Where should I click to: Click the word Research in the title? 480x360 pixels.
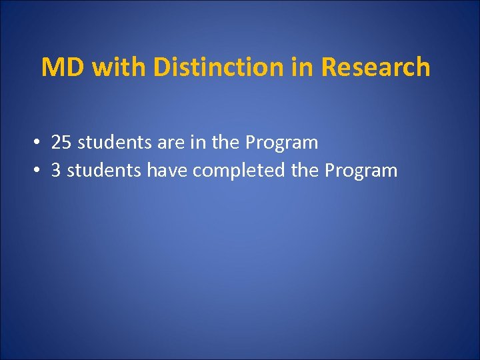(376, 68)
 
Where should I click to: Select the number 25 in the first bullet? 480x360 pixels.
(61, 143)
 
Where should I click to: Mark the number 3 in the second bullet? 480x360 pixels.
(56, 171)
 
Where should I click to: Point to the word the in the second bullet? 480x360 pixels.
(305, 171)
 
